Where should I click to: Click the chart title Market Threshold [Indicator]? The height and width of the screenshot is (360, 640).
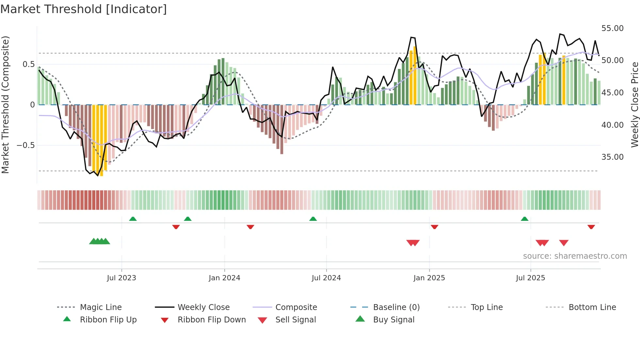(84, 9)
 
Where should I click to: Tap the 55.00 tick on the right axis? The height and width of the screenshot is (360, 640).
(612, 28)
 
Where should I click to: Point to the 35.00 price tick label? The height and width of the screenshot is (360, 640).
(612, 157)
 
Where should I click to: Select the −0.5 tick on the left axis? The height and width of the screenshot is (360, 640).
(25, 145)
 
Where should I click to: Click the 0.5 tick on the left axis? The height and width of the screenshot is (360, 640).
(28, 64)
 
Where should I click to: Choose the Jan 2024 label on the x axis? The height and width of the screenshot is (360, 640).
(224, 278)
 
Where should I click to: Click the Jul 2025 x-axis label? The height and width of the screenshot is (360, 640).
(530, 278)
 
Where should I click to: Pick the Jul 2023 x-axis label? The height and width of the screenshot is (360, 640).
(121, 278)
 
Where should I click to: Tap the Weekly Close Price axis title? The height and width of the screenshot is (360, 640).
(634, 105)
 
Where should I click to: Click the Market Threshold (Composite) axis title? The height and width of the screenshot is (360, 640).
(5, 105)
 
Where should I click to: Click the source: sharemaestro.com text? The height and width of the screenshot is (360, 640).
(575, 256)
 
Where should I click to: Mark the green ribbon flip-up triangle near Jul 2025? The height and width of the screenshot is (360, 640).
(524, 219)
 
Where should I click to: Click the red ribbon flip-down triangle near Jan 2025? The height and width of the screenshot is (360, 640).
(434, 227)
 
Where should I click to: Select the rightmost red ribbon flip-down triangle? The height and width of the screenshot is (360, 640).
(591, 227)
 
